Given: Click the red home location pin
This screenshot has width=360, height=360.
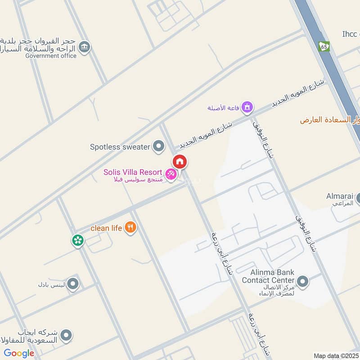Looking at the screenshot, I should pyautogui.click(x=180, y=162).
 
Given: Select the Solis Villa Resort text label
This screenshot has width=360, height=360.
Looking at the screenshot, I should pyautogui.click(x=132, y=172).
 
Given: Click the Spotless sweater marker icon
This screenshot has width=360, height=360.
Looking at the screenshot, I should pyautogui.click(x=158, y=146).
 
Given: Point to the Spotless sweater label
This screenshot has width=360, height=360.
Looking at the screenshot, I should pyautogui.click(x=119, y=147).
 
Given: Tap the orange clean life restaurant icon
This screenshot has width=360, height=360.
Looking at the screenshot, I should pyautogui.click(x=130, y=228).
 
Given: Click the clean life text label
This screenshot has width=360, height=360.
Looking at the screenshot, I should pyautogui.click(x=106, y=228).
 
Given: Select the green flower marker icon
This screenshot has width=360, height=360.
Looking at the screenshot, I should pyautogui.click(x=78, y=240).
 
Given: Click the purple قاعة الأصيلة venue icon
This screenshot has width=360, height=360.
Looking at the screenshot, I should pyautogui.click(x=247, y=107).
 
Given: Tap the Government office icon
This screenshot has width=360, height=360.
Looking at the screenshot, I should pyautogui.click(x=84, y=46).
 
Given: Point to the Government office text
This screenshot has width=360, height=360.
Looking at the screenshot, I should pyautogui.click(x=51, y=56).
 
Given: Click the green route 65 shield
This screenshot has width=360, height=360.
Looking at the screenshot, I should pyautogui.click(x=324, y=46).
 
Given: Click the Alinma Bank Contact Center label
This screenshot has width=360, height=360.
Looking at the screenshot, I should pyautogui.click(x=268, y=276).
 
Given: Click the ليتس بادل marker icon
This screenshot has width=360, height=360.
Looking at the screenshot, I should pyautogui.click(x=72, y=284).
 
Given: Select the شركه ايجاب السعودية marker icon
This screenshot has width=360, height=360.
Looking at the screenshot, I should pyautogui.click(x=66, y=335).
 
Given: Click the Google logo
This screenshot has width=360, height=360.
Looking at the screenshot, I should pyautogui.click(x=19, y=353).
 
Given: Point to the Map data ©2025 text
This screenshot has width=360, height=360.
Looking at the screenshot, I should pyautogui.click(x=335, y=355).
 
